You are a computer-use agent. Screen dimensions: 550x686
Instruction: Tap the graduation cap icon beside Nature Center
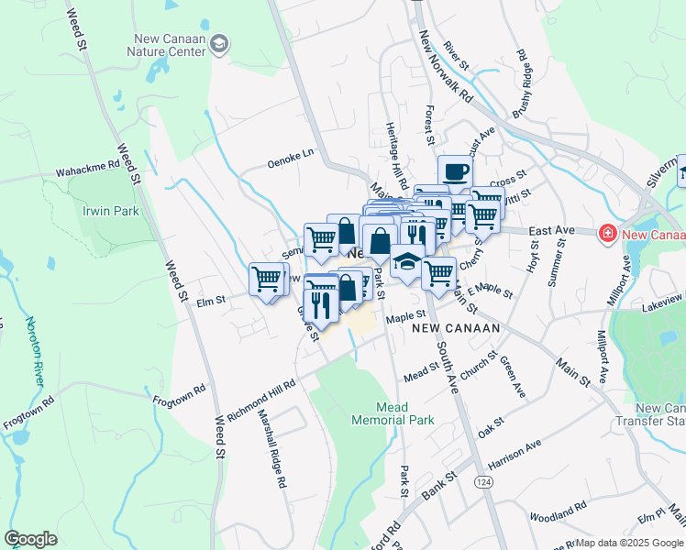click(219, 44)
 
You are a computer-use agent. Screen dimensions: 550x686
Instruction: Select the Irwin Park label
click(110, 210)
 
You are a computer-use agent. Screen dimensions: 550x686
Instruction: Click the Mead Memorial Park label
click(392, 413)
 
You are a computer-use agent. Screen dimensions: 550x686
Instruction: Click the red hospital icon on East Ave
click(606, 235)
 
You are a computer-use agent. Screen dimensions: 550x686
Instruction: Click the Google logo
click(30, 539)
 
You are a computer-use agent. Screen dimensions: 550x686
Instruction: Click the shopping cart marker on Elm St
click(267, 277)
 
